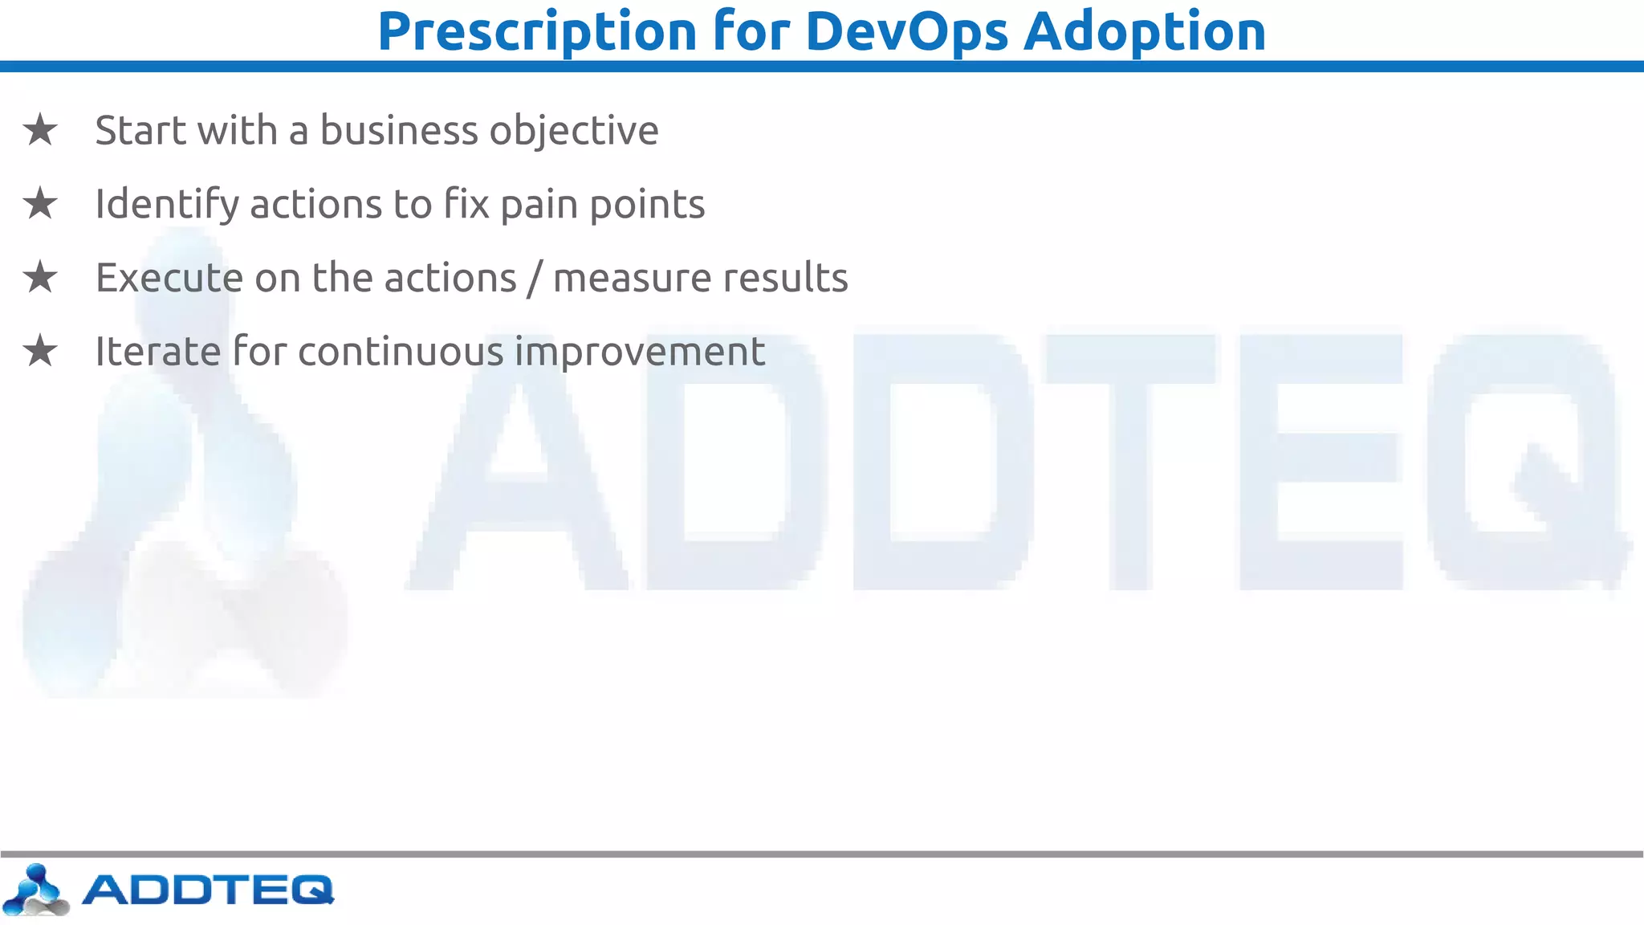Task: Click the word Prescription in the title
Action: click(x=537, y=32)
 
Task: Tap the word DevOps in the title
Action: click(x=906, y=32)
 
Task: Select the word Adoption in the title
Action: click(x=1145, y=32)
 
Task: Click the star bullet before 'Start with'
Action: click(x=40, y=130)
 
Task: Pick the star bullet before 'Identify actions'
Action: click(x=40, y=204)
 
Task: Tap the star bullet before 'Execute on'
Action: click(x=40, y=278)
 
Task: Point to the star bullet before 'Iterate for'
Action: click(x=40, y=352)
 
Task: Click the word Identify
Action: click(x=167, y=205)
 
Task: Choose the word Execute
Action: click(x=169, y=278)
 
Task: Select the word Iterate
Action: click(x=157, y=352)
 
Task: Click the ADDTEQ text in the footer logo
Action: click(x=208, y=890)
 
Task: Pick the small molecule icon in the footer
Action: click(x=35, y=890)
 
